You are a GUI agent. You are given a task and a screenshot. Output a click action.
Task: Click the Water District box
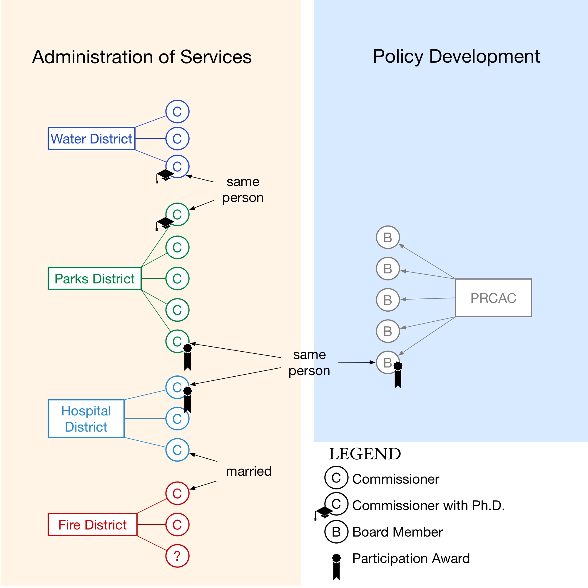click(91, 138)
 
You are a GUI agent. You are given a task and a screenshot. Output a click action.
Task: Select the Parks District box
click(94, 278)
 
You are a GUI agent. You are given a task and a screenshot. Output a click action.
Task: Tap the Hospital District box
click(86, 419)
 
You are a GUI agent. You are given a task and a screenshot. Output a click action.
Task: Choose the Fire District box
click(93, 525)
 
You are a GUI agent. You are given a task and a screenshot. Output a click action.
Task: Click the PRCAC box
click(493, 298)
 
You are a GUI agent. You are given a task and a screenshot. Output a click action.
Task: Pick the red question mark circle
click(177, 556)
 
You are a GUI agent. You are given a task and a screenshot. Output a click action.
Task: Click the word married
click(249, 471)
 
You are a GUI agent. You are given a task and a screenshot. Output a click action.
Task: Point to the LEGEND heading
click(365, 454)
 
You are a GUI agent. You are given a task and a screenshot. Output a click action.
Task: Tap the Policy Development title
click(456, 57)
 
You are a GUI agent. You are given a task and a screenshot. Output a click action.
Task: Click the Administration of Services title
click(142, 57)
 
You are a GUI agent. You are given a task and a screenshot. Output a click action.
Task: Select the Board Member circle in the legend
click(336, 532)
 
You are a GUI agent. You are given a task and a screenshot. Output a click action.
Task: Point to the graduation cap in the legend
click(324, 512)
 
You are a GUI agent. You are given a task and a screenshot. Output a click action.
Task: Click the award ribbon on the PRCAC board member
click(398, 374)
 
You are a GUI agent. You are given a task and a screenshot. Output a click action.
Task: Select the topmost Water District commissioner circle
click(177, 111)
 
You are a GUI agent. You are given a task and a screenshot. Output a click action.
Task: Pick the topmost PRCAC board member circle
click(388, 237)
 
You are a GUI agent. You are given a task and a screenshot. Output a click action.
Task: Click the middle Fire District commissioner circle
click(177, 525)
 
